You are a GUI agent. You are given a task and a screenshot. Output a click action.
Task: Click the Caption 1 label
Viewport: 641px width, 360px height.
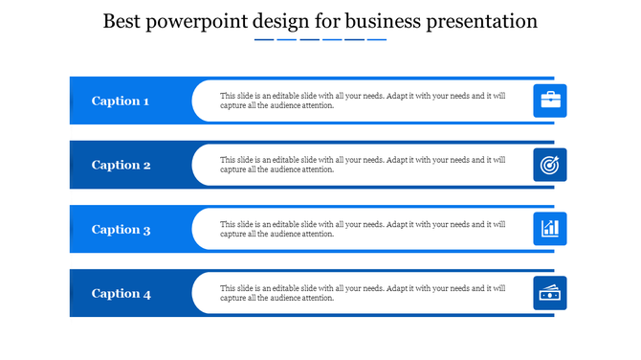121,101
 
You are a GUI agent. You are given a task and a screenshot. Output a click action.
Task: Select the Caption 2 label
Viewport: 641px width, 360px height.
121,165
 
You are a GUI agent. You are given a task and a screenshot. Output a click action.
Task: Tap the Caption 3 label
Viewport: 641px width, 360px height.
121,229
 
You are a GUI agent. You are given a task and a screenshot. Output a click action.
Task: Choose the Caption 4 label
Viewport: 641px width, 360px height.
121,294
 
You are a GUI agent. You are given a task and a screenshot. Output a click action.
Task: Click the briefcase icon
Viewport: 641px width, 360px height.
550,101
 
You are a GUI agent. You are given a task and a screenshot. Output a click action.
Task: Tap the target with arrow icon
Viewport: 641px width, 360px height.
550,165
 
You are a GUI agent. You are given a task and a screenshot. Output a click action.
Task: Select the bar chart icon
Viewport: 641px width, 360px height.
550,229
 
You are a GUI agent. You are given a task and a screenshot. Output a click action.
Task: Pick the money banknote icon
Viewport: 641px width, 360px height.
550,294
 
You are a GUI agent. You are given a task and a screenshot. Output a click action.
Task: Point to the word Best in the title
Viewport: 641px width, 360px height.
124,20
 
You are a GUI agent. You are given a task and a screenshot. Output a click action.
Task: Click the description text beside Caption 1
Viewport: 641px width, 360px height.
363,101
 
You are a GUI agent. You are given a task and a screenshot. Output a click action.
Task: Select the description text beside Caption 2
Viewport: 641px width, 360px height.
363,165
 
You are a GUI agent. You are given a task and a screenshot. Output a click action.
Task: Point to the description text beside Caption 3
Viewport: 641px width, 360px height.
363,229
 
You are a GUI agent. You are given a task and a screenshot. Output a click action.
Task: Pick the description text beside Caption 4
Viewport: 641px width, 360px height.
363,293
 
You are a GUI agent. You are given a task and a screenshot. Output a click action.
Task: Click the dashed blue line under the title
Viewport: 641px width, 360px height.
320,40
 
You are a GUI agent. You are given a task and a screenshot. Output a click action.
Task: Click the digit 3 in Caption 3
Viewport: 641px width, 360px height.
146,230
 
